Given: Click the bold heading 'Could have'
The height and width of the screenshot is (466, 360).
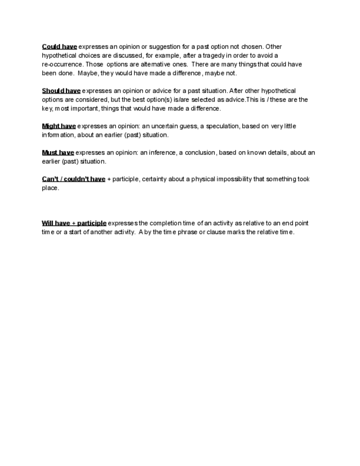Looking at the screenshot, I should [x=59, y=47].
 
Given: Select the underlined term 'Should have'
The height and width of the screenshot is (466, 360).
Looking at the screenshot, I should [x=61, y=91].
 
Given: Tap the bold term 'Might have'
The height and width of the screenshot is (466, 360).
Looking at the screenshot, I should [x=59, y=126].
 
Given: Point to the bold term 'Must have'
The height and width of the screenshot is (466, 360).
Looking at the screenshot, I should [x=58, y=153].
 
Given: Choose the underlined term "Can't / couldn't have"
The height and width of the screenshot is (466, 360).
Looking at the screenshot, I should [x=74, y=179].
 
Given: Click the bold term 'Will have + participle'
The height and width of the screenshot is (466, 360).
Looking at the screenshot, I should [x=74, y=223].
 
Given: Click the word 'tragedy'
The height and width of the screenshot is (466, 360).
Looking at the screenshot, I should [x=208, y=56].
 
